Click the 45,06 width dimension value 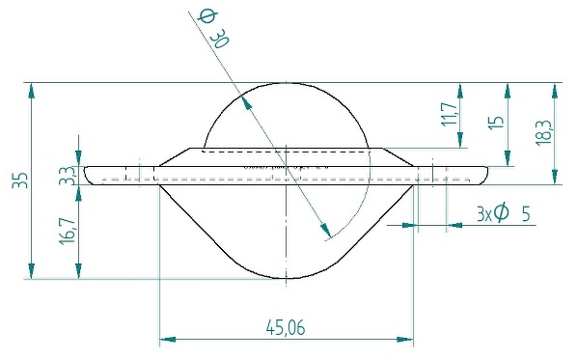point(286,327)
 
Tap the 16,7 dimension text point(67,232)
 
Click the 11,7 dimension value point(450,114)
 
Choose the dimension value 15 point(495,122)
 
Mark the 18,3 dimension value point(544,132)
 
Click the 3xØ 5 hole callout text point(504,214)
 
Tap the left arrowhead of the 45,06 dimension point(167,339)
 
